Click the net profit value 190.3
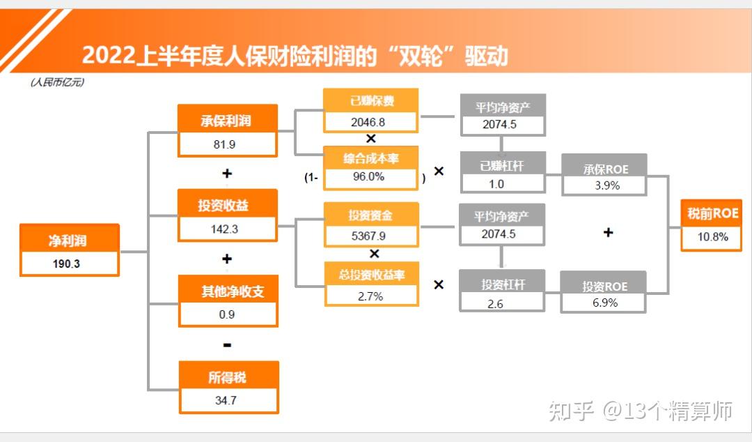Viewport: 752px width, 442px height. [66, 264]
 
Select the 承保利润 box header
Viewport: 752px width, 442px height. [227, 120]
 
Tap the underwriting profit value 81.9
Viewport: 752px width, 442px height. [224, 144]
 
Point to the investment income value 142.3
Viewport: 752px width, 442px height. [224, 229]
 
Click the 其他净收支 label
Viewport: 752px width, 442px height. [233, 291]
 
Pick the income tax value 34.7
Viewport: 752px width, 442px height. [226, 400]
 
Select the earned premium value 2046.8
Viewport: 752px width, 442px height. [368, 123]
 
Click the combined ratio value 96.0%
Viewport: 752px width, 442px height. [369, 177]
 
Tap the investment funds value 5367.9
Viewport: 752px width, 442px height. [368, 236]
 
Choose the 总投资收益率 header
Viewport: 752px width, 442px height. [372, 275]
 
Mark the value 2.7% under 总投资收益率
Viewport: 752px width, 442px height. [370, 296]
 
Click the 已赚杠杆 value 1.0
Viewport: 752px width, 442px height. [496, 184]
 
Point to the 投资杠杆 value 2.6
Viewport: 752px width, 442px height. [496, 304]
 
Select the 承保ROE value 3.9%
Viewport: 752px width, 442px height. [607, 185]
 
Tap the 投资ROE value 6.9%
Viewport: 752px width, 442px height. [605, 303]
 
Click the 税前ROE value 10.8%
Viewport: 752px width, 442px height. [713, 237]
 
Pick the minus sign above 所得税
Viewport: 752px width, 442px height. [227, 345]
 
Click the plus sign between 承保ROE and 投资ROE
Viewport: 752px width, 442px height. [608, 233]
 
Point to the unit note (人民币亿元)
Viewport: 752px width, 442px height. [58, 83]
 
